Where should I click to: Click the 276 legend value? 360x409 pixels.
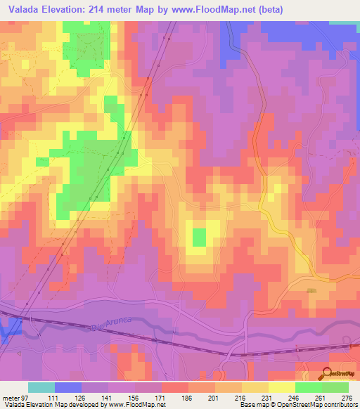click(x=347, y=397)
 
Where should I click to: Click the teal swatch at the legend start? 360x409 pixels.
click(x=41, y=387)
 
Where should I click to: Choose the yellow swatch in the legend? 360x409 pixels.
click(x=281, y=387)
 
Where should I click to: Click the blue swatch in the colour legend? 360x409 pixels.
click(x=68, y=387)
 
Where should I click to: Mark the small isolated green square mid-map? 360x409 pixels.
click(x=200, y=237)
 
